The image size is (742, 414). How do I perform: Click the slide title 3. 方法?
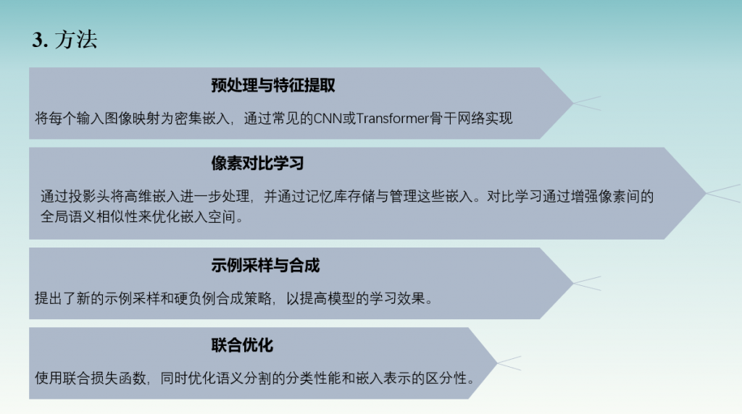pyautogui.click(x=64, y=40)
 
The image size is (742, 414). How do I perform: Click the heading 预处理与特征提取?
pyautogui.click(x=273, y=85)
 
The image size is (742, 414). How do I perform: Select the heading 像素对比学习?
pyautogui.click(x=257, y=164)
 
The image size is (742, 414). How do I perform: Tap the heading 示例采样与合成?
pyautogui.click(x=265, y=266)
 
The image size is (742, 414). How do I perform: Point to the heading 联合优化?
pyautogui.click(x=242, y=345)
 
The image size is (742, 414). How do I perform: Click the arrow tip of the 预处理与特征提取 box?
pyautogui.click(x=573, y=103)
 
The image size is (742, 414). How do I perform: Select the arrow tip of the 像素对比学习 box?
pyautogui.click(x=706, y=193)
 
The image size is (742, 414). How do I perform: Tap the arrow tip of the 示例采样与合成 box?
pyautogui.click(x=573, y=283)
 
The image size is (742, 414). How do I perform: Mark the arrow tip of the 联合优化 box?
pyautogui.click(x=497, y=363)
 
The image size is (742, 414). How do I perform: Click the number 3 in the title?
pyautogui.click(x=38, y=41)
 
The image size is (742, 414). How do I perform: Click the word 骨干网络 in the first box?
pyautogui.click(x=457, y=118)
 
